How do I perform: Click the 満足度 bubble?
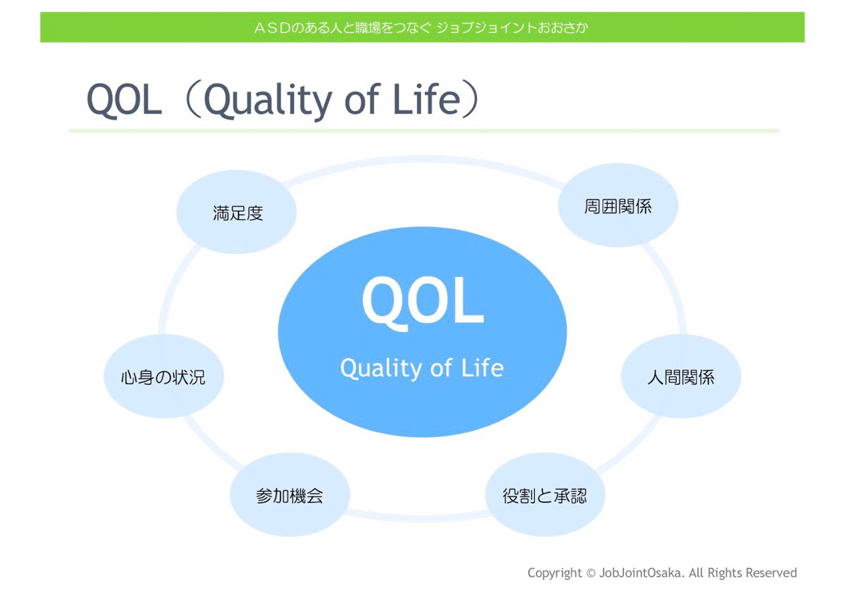(237, 212)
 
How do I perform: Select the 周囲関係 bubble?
(618, 205)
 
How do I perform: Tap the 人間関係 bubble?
(681, 376)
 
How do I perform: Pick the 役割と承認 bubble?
(545, 494)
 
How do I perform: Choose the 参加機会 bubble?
(290, 494)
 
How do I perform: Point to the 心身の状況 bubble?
(163, 376)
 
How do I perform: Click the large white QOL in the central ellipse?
(422, 302)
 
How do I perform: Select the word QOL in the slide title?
(124, 99)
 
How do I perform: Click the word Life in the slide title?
(427, 99)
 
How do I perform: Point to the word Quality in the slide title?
(268, 101)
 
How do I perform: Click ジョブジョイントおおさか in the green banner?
(512, 28)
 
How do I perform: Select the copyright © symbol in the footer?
(591, 574)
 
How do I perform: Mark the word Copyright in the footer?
(555, 574)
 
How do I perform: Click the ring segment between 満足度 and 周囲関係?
(423, 159)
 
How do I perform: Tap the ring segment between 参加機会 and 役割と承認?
(417, 517)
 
